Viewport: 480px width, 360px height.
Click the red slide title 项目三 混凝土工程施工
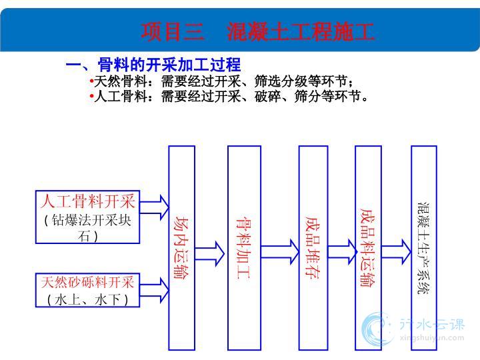[x=257, y=32]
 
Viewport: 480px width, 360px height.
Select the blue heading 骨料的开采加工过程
[x=169, y=65]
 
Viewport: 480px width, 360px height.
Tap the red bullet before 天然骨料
[x=91, y=81]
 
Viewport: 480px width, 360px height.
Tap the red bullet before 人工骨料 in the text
[x=91, y=96]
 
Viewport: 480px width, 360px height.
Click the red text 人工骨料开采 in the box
[x=88, y=201]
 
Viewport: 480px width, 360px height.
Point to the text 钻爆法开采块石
[x=88, y=228]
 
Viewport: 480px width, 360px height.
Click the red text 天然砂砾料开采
[x=87, y=282]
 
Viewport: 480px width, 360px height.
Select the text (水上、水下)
[x=87, y=299]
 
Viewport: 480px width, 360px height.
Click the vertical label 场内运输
[x=181, y=247]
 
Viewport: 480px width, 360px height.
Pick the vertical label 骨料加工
[x=244, y=248]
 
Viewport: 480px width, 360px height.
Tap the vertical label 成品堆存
[x=313, y=247]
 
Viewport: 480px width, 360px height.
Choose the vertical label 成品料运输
[x=368, y=247]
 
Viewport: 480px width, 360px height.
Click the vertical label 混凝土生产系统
[x=424, y=248]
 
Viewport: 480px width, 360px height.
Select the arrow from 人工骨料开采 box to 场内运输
[x=154, y=207]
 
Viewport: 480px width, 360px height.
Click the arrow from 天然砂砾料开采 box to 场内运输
[x=154, y=290]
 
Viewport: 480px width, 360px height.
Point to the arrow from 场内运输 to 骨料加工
[x=210, y=254]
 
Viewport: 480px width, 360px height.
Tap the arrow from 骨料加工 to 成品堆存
[x=280, y=252]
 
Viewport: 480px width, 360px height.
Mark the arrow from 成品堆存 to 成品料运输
[x=342, y=252]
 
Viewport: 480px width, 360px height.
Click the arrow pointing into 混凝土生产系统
[x=396, y=251]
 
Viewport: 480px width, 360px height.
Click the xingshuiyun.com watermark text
[x=431, y=338]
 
